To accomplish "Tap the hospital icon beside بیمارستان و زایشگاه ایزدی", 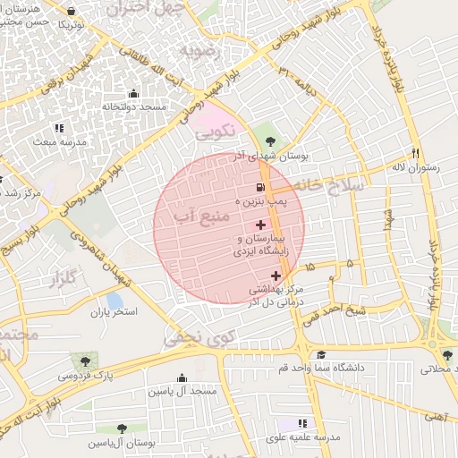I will point(260,224).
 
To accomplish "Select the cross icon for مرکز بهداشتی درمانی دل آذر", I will point(275,275).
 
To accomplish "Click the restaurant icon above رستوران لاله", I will point(414,152).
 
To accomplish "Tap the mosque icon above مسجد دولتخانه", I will point(134,93).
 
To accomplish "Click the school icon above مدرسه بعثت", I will point(59,128).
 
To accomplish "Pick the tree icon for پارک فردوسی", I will point(85,361).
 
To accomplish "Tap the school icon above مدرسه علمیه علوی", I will point(302,423).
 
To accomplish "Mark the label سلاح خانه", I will point(335,184).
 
